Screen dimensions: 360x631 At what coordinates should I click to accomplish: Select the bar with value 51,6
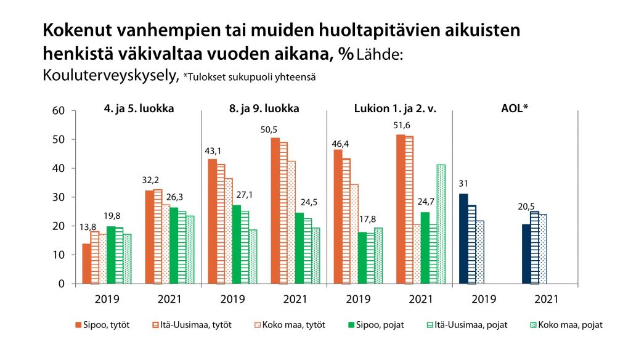[x=401, y=210]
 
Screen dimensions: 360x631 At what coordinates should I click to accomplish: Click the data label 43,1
[x=212, y=151]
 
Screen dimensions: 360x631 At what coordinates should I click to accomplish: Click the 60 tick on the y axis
[x=58, y=111]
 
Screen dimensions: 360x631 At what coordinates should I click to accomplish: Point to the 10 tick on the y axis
[x=58, y=255]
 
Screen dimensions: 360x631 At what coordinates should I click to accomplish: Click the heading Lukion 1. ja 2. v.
[x=389, y=108]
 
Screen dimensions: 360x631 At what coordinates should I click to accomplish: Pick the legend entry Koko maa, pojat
[x=566, y=325]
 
